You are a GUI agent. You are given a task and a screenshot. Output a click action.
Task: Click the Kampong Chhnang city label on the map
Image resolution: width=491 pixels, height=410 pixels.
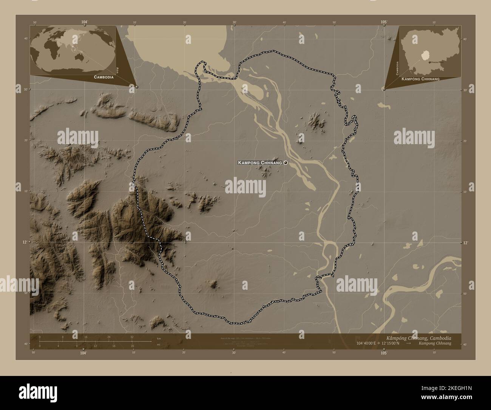coord(260,163)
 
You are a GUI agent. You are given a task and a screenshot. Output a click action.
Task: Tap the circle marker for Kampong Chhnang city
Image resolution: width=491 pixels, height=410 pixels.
coord(286,163)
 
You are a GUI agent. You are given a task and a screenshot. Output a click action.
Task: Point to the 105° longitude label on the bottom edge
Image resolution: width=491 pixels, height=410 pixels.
coord(384,353)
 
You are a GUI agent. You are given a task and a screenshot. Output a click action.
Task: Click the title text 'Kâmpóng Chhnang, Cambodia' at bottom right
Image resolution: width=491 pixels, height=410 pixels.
coord(419,337)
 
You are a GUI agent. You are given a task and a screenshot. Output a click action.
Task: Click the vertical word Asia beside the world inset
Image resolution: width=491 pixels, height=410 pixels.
coord(118,70)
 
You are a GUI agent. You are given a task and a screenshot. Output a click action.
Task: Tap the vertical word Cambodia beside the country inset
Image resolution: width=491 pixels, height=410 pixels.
coord(397,68)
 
